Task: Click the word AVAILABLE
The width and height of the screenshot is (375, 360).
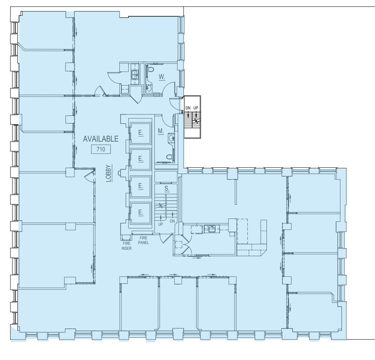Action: pos(101,139)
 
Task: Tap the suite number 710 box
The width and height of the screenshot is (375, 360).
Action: pos(101,149)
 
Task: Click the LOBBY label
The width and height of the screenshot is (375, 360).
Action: pos(109,174)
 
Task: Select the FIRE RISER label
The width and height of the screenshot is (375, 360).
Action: pos(126,246)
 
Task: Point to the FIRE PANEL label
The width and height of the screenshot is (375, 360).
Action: pos(144,240)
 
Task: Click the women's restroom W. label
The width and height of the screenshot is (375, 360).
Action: pos(162,77)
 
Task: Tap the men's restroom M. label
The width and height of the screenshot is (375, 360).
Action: pos(161,131)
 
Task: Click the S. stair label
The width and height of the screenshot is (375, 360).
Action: pos(167,188)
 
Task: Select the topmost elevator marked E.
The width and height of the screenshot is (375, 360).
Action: pos(141,133)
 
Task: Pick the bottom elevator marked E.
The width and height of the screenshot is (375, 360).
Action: pos(141,212)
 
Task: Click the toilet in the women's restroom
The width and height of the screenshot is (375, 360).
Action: pos(151,69)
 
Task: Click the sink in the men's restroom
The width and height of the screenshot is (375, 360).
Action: pos(171,138)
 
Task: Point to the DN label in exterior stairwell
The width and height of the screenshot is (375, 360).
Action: pos(188,108)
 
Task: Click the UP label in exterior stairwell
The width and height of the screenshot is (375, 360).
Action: pos(196,108)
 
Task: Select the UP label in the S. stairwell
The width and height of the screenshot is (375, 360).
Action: pos(161,225)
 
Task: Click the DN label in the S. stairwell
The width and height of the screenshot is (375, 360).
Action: pos(172,221)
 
